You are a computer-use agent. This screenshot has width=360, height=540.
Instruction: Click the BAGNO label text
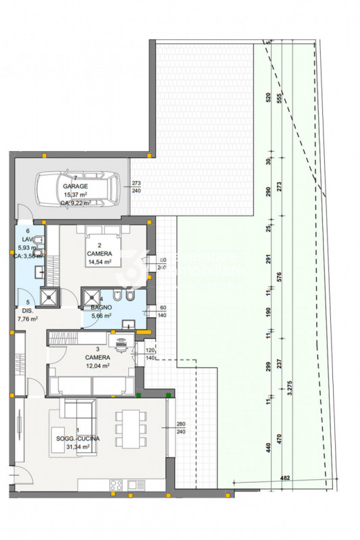[x=92, y=306]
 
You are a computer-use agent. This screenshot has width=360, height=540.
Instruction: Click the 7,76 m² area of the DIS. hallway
[x=27, y=319]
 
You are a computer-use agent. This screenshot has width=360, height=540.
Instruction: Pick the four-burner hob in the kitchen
[x=113, y=484]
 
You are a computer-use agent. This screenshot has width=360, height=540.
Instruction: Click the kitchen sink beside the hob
[x=135, y=484]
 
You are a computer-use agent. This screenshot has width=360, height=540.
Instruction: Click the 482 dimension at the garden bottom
[x=286, y=478]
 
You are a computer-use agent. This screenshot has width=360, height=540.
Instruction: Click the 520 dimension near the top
[x=268, y=97]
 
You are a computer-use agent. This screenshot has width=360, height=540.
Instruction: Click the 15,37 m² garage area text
[x=76, y=194]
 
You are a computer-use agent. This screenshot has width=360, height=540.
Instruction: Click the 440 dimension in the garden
[x=268, y=446]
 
